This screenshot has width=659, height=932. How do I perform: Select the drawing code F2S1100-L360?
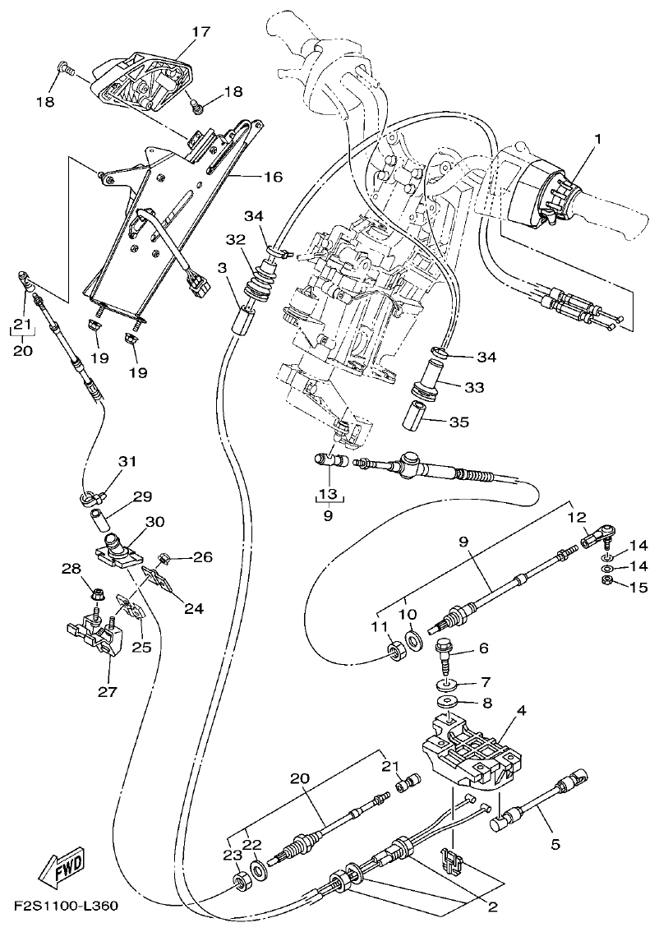[x=65, y=907]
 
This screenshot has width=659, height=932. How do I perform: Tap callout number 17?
[x=201, y=32]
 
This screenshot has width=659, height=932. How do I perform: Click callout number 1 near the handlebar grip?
[x=597, y=139]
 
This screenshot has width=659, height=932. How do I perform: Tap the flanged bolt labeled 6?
[x=445, y=653]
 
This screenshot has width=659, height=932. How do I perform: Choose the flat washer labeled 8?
[x=447, y=702]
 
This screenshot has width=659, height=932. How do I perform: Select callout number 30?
[x=154, y=521]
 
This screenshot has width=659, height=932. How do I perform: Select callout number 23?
[x=229, y=854]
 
